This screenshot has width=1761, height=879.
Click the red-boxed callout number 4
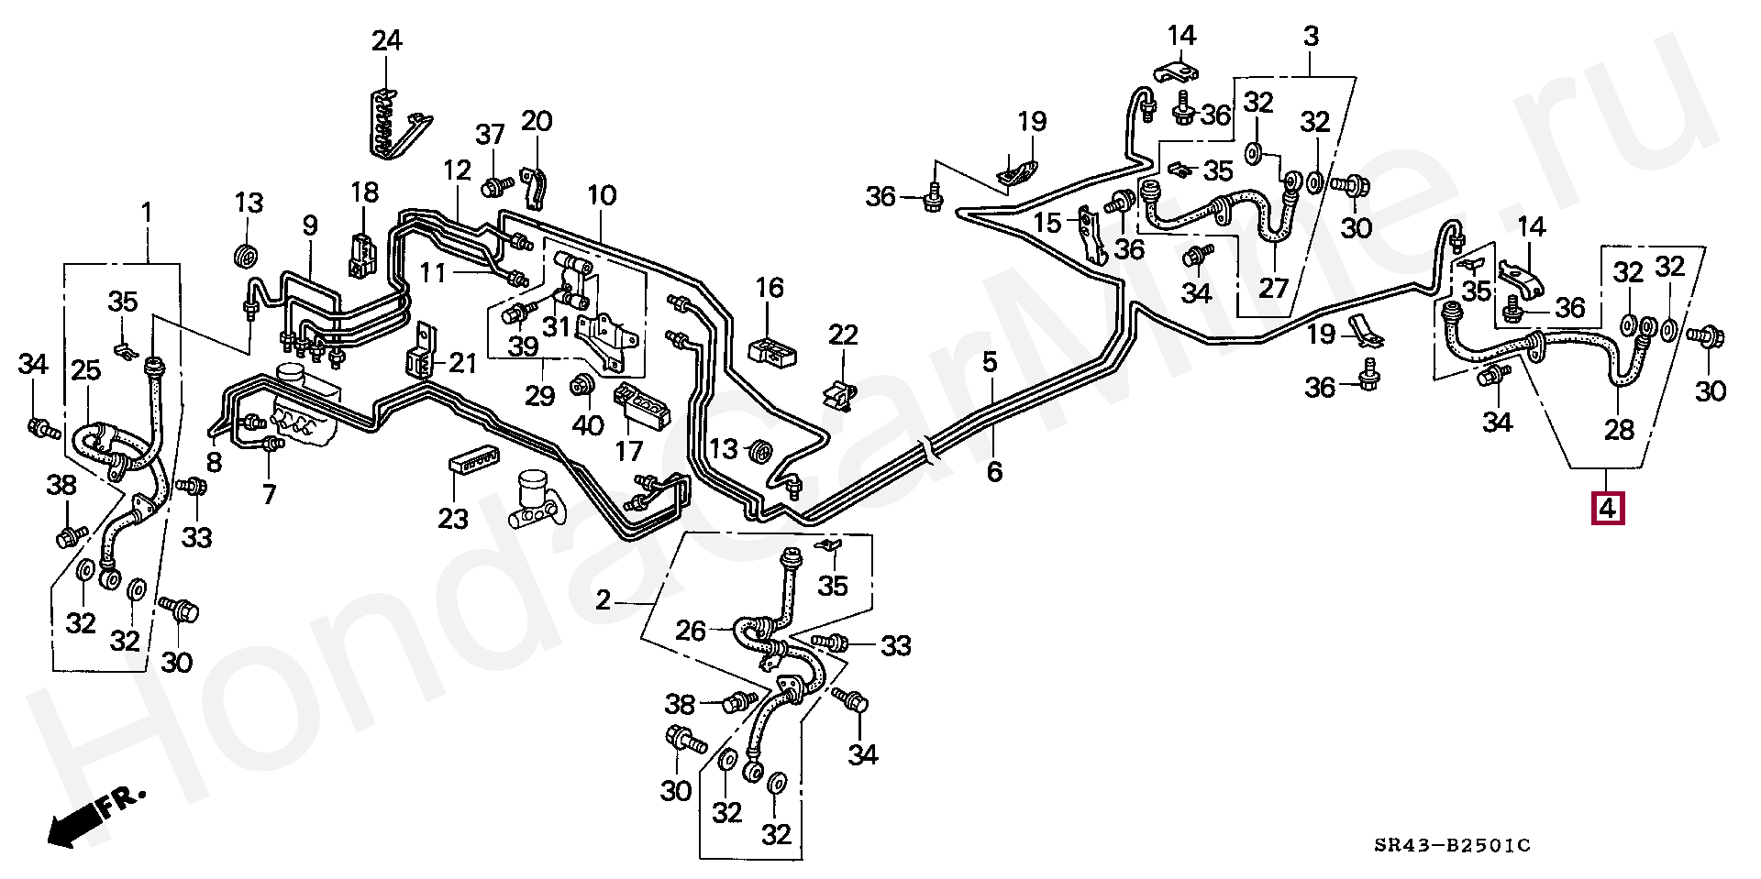pyautogui.click(x=1608, y=508)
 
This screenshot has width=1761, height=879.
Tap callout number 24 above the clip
pyautogui.click(x=386, y=41)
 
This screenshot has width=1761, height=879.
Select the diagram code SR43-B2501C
pyautogui.click(x=1452, y=845)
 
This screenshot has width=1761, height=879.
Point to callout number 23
pyautogui.click(x=452, y=520)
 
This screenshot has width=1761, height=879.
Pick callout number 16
pyautogui.click(x=770, y=288)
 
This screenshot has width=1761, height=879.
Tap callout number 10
pyautogui.click(x=602, y=195)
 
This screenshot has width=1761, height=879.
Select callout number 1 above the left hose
pyautogui.click(x=147, y=213)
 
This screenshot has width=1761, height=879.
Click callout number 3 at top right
pyautogui.click(x=1311, y=37)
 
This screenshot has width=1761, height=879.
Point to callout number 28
pyautogui.click(x=1619, y=428)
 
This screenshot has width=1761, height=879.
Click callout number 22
pyautogui.click(x=843, y=335)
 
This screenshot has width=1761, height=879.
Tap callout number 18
pyautogui.click(x=364, y=192)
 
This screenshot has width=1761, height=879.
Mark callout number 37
pyautogui.click(x=490, y=135)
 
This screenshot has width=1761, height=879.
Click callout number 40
pyautogui.click(x=588, y=425)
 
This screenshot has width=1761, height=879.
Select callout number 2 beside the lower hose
pyautogui.click(x=603, y=600)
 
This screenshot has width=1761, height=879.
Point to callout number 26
pyautogui.click(x=691, y=631)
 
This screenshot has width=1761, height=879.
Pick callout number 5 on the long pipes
pyautogui.click(x=990, y=362)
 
